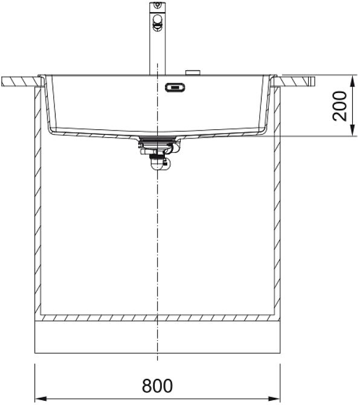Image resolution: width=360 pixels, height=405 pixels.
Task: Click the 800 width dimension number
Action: tap(157, 386)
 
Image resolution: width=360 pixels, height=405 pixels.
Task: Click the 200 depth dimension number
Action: tap(339, 106)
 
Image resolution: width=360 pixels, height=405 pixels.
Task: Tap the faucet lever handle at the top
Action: tap(157, 23)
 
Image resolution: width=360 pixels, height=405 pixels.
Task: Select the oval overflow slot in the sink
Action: tap(175, 87)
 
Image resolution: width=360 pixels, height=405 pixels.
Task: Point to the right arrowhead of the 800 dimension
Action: tap(274, 399)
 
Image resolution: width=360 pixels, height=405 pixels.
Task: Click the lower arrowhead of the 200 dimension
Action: tap(353, 130)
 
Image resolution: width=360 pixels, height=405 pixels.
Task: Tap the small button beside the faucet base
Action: tap(193, 73)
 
